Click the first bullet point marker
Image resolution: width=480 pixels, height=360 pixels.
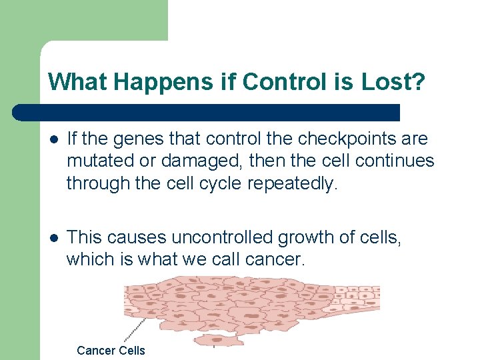click(x=54, y=139)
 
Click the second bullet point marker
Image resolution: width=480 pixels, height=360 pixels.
click(x=54, y=237)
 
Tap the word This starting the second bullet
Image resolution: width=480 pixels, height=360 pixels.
click(x=85, y=237)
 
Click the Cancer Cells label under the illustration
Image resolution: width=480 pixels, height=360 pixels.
click(x=111, y=351)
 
